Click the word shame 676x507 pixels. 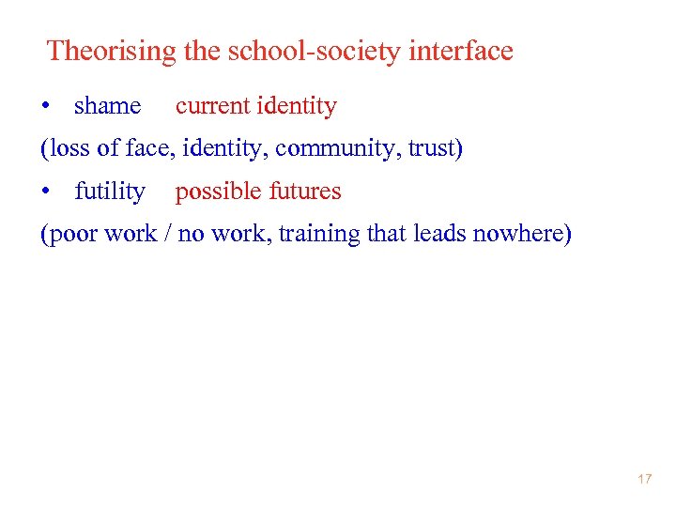click(107, 107)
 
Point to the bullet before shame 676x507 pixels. click(45, 107)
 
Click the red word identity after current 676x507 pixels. click(296, 107)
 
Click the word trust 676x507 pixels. click(433, 149)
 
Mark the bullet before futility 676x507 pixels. click(45, 192)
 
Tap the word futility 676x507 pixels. click(110, 192)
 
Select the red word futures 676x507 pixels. click(305, 192)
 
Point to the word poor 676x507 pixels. click(71, 234)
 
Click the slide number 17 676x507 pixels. click(644, 480)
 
